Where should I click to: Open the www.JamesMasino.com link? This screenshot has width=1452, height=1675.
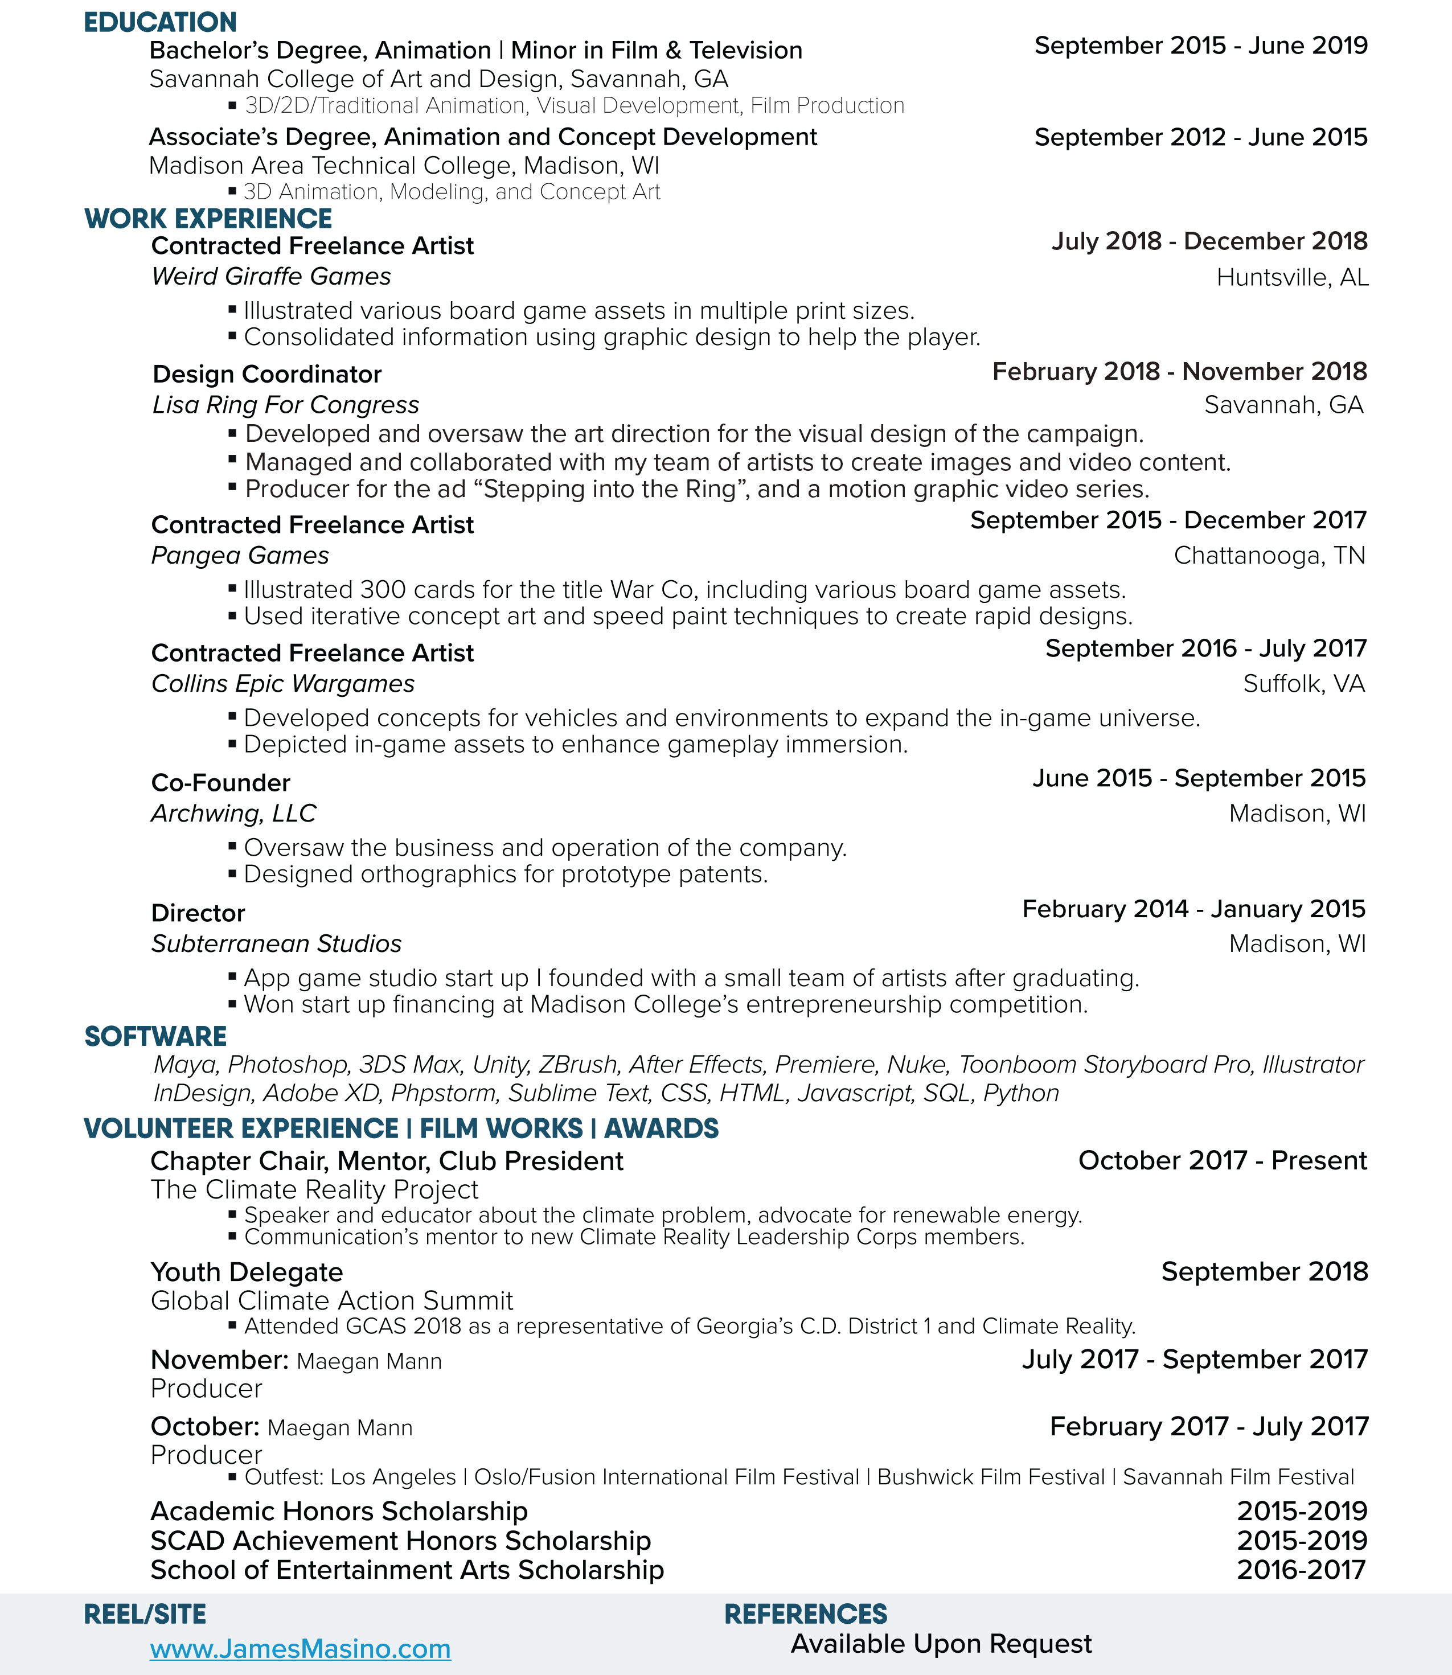[300, 1648]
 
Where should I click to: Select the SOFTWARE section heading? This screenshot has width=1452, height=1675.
[155, 1037]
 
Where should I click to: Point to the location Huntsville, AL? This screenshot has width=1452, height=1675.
[1293, 278]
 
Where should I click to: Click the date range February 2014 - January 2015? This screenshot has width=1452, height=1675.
[1193, 909]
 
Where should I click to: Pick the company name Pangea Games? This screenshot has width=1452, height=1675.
[240, 556]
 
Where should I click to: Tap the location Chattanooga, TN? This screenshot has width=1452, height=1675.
[1269, 556]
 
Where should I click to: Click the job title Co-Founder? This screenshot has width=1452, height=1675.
[220, 782]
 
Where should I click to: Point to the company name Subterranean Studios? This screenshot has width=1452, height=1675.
[276, 943]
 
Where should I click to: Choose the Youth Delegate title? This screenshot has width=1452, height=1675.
[247, 1272]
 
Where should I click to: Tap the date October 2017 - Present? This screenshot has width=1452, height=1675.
[1222, 1161]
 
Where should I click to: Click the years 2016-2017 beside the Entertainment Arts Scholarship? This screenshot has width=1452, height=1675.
[1301, 1570]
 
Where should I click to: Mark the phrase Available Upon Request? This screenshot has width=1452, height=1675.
[941, 1644]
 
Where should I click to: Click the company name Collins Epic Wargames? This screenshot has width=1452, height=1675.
[283, 684]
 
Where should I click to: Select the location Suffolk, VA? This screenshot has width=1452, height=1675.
[1304, 684]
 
